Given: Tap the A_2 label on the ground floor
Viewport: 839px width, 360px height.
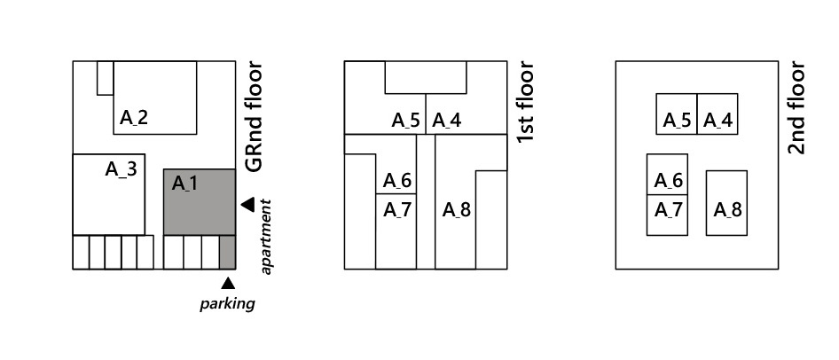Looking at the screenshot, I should pyautogui.click(x=134, y=117).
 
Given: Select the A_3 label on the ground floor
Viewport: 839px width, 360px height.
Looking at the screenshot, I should pyautogui.click(x=121, y=168).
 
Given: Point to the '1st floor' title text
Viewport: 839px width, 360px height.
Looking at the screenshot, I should pyautogui.click(x=525, y=102).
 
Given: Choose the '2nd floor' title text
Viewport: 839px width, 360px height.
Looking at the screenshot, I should pyautogui.click(x=796, y=107).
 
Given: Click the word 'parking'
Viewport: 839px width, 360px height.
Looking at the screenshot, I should pyautogui.click(x=227, y=303).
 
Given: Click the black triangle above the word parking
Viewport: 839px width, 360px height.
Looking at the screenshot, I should pyautogui.click(x=228, y=283).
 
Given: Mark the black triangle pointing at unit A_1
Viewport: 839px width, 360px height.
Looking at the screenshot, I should pyautogui.click(x=247, y=205).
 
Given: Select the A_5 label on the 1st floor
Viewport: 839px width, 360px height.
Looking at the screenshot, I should pyautogui.click(x=405, y=121).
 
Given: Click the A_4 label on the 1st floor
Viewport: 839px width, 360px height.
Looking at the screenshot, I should pyautogui.click(x=447, y=121).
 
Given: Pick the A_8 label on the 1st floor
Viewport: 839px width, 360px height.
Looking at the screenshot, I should pyautogui.click(x=456, y=210).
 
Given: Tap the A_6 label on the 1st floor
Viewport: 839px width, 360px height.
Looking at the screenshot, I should pyautogui.click(x=396, y=181).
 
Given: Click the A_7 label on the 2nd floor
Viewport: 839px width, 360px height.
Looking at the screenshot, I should pyautogui.click(x=668, y=210).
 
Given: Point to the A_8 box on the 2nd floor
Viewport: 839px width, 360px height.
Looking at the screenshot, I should pyautogui.click(x=726, y=202).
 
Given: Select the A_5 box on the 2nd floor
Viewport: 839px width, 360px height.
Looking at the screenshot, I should pyautogui.click(x=677, y=113).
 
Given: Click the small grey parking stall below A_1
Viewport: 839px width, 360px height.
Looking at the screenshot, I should pyautogui.click(x=227, y=252).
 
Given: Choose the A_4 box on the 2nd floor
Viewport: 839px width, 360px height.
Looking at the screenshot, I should pyautogui.click(x=717, y=113).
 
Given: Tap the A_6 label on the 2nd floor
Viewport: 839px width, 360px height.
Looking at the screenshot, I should pyautogui.click(x=668, y=181).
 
